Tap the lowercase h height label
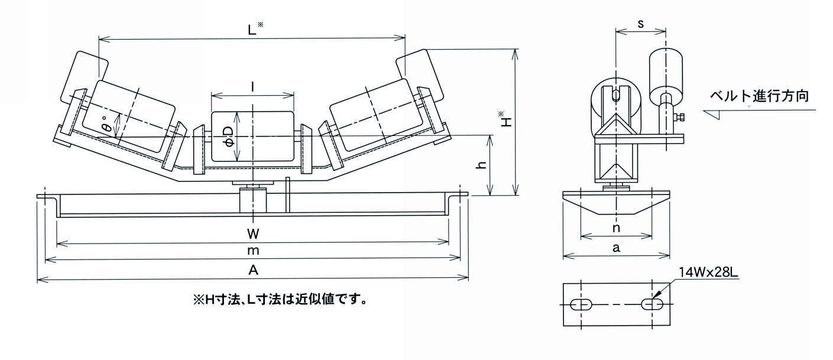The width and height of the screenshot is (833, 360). [482, 166]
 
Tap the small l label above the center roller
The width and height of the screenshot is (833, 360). [252, 87]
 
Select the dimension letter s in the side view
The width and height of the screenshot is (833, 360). [641, 24]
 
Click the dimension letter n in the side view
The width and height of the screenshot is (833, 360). [616, 228]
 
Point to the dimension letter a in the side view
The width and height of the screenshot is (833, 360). [616, 248]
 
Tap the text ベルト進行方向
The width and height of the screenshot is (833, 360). [759, 96]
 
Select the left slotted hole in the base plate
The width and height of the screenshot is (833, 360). [582, 304]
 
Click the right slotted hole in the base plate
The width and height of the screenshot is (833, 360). [652, 304]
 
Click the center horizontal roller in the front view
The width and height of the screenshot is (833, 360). [252, 137]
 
